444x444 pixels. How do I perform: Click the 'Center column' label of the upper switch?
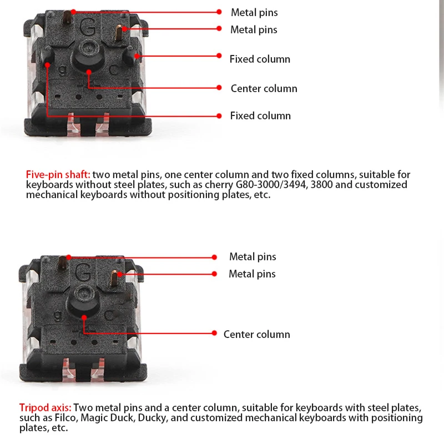click(x=264, y=88)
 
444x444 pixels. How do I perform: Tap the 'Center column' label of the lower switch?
click(x=256, y=334)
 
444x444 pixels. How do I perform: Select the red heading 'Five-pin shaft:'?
click(x=58, y=174)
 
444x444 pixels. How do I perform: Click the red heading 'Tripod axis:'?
click(x=45, y=407)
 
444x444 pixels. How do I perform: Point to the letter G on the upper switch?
click(x=88, y=27)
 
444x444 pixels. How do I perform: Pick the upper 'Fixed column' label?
click(x=260, y=59)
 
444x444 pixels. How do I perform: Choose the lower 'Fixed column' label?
click(x=260, y=115)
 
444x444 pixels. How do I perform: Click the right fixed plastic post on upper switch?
click(x=132, y=56)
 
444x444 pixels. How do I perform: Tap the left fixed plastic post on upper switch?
click(x=47, y=56)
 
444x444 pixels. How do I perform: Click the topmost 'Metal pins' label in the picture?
click(x=254, y=12)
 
